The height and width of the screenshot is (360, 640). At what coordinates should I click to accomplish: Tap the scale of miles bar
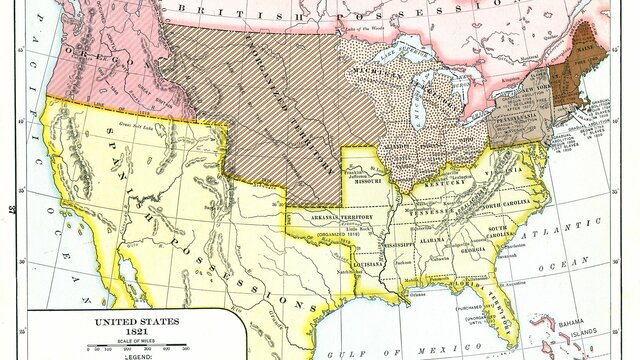click(x=111, y=347)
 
